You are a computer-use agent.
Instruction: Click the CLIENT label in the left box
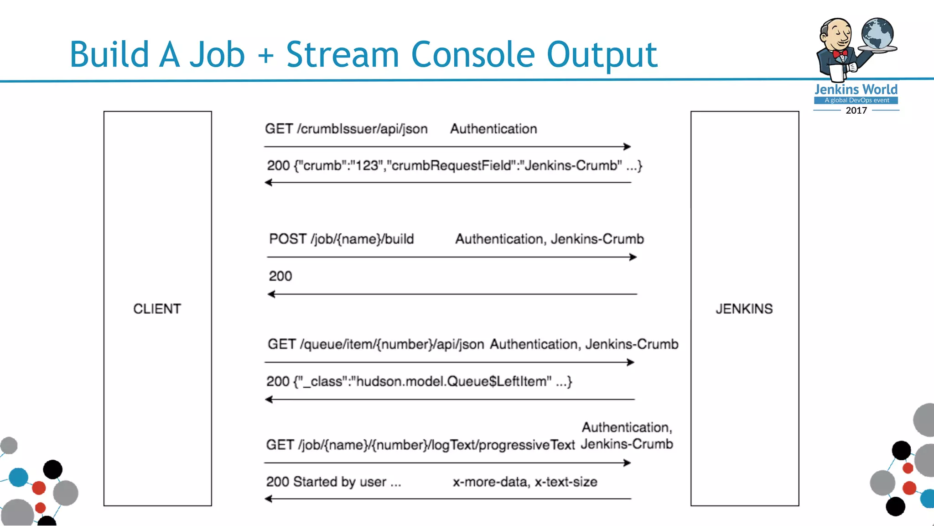tap(157, 309)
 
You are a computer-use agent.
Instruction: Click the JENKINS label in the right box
tap(744, 309)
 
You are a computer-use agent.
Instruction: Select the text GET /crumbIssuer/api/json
tap(346, 129)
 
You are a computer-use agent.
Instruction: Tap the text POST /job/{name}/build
tap(341, 239)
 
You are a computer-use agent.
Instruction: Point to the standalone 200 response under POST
tap(280, 276)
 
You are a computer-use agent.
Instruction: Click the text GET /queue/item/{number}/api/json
tap(376, 344)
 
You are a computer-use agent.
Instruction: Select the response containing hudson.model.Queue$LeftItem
tap(419, 381)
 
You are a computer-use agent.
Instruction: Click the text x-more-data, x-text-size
tap(524, 482)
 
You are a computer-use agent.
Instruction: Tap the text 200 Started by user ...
tap(333, 482)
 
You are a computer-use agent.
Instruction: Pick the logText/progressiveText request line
tap(420, 445)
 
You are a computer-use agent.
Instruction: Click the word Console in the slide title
tap(472, 55)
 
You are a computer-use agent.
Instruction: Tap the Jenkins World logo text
tap(856, 89)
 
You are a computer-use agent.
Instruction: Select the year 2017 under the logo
tap(856, 110)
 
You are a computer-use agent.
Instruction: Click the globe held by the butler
tap(877, 33)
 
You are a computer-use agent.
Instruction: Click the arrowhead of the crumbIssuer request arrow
tap(628, 147)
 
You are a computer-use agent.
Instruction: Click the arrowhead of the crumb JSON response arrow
tap(269, 183)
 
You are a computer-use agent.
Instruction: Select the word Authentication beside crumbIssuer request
tap(493, 129)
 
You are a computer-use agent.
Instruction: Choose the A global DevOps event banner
tap(856, 100)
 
